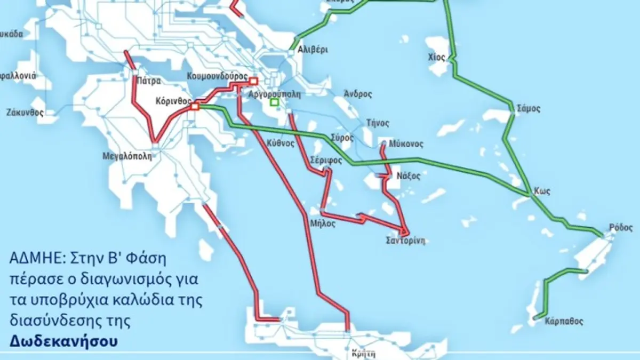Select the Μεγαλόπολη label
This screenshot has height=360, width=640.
pyautogui.click(x=127, y=157)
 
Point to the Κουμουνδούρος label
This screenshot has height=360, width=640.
pyautogui.click(x=217, y=76)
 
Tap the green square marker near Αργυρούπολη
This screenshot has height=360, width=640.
pyautogui.click(x=274, y=102)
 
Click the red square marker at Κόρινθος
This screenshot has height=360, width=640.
pyautogui.click(x=195, y=107)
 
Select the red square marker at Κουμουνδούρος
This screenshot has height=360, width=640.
pyautogui.click(x=253, y=81)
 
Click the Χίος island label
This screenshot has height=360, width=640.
pyautogui.click(x=436, y=57)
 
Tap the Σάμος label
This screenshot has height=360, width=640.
pyautogui.click(x=529, y=108)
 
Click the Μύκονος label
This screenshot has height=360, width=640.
pyautogui.click(x=406, y=144)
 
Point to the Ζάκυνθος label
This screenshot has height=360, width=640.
pyautogui.click(x=25, y=113)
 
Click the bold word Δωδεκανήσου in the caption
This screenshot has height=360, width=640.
pyautogui.click(x=62, y=340)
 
